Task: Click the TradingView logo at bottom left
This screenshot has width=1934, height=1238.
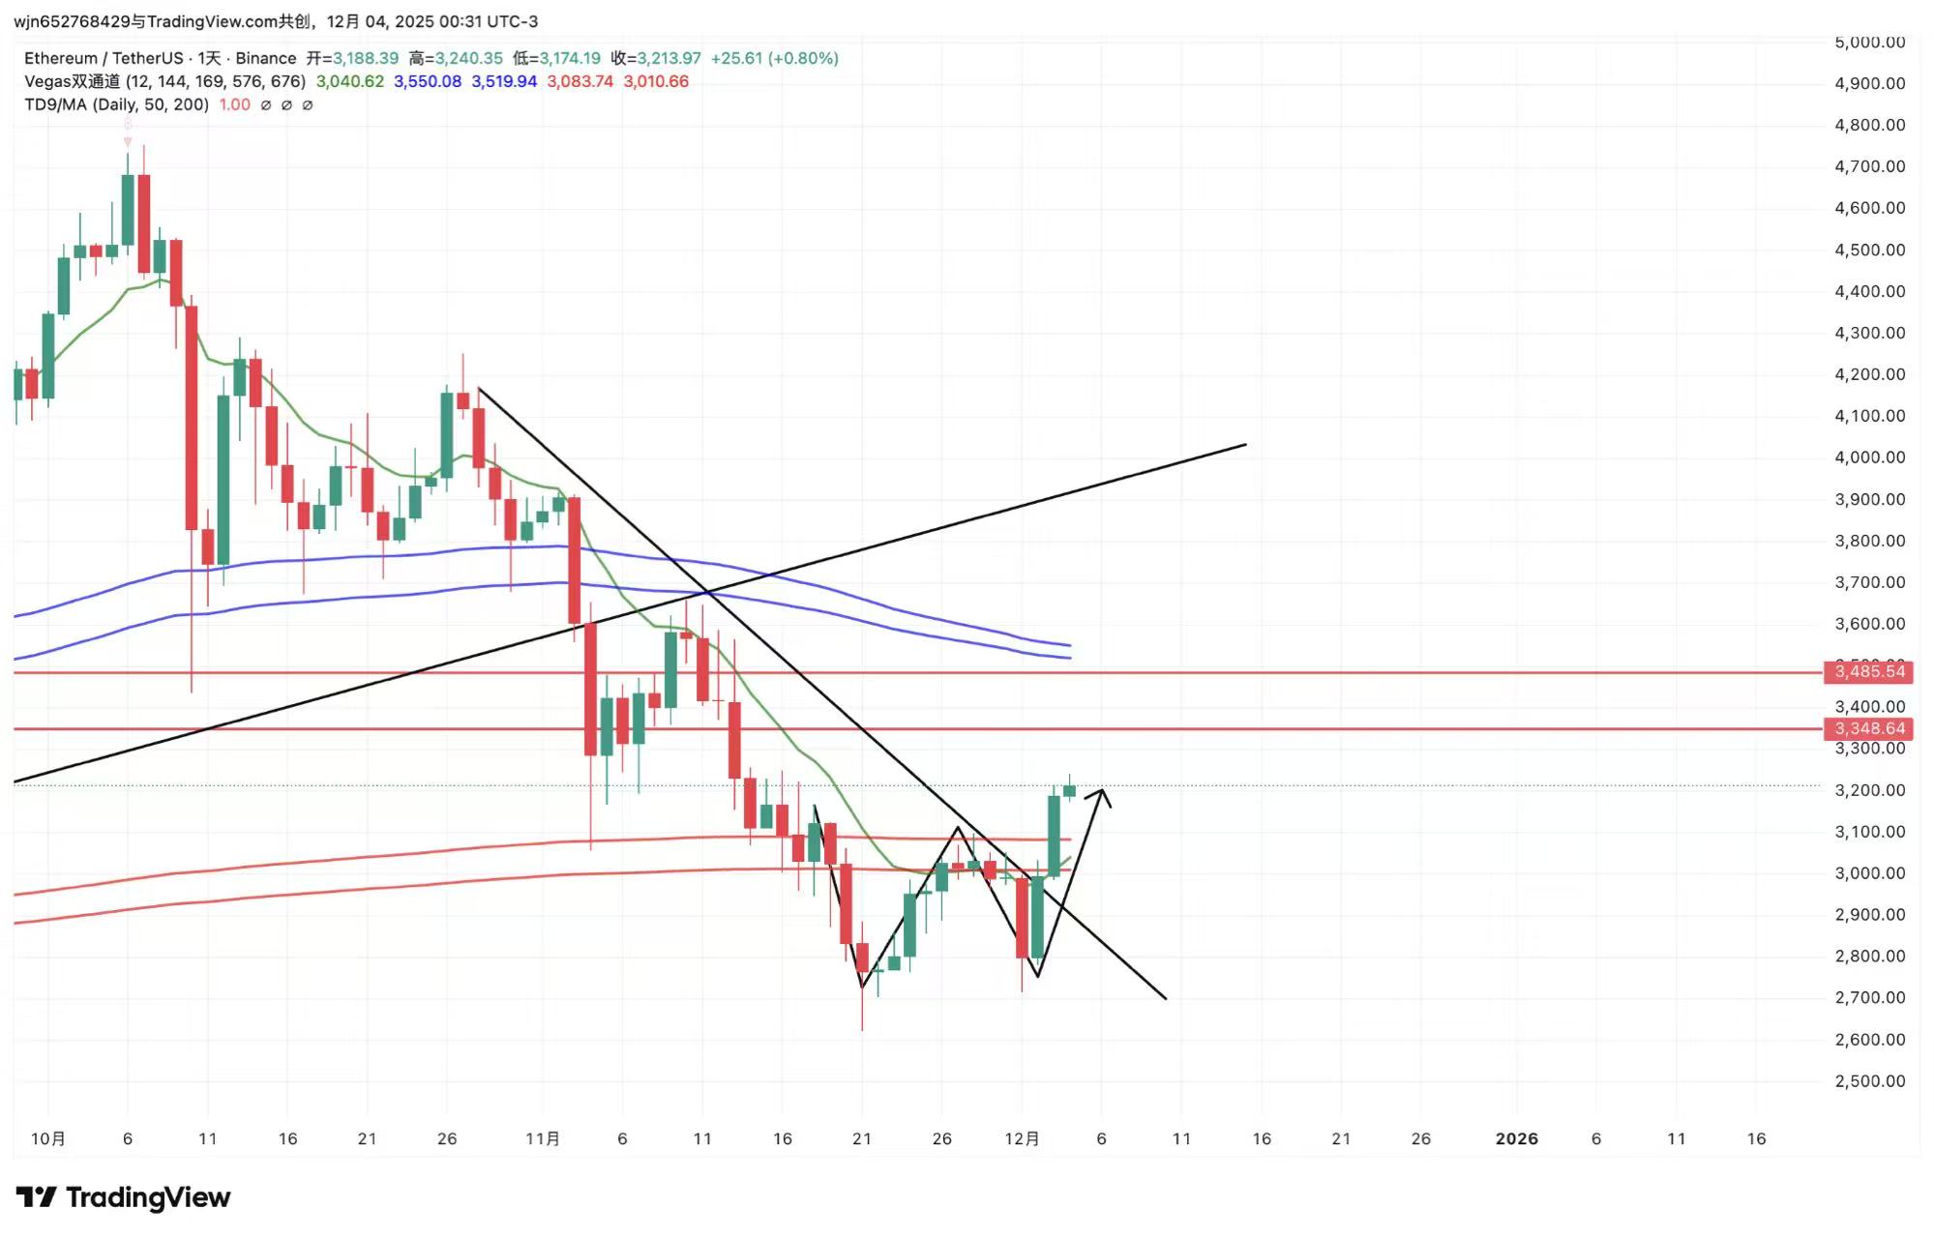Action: (x=123, y=1197)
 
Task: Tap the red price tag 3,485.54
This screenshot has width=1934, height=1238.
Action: (x=1869, y=671)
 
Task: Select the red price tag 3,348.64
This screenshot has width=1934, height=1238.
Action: (x=1869, y=728)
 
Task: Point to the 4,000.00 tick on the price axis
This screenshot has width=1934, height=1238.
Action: (x=1869, y=457)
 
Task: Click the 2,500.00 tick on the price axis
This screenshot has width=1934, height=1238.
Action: (x=1869, y=1081)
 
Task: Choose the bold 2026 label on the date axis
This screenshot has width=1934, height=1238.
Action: (x=1516, y=1139)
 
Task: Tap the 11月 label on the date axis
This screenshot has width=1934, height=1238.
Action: (x=543, y=1139)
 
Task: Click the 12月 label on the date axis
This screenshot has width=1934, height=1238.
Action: (x=1022, y=1139)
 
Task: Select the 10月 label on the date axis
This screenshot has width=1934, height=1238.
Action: (x=48, y=1139)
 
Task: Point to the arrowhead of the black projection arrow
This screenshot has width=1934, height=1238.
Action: (x=1102, y=792)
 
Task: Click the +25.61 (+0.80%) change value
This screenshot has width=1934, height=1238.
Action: (x=774, y=58)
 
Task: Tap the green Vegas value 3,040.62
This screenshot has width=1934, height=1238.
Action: (x=349, y=81)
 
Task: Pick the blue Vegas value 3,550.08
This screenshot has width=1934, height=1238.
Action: (x=427, y=81)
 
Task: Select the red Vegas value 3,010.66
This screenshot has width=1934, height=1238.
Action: (x=656, y=81)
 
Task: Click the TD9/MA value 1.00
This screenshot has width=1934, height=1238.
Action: (x=234, y=104)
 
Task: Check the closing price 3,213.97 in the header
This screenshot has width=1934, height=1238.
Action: (x=669, y=58)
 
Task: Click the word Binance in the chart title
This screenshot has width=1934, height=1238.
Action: (x=265, y=58)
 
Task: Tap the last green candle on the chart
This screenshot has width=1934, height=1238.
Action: (x=1069, y=790)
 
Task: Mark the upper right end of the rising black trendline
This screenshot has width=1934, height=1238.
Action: (x=1244, y=445)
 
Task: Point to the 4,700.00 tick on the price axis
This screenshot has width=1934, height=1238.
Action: (x=1869, y=166)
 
